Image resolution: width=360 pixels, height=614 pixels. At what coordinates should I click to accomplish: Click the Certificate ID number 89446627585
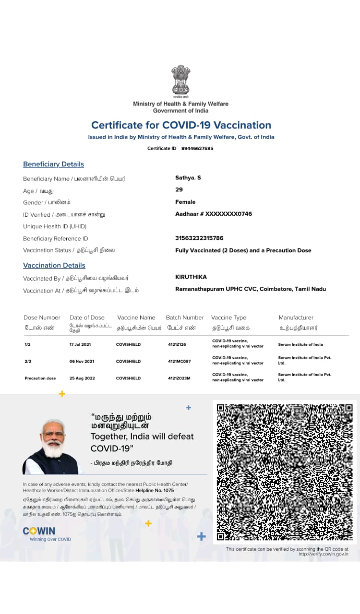coord(197,148)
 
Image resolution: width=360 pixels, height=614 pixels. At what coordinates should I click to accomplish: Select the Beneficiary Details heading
coord(53,164)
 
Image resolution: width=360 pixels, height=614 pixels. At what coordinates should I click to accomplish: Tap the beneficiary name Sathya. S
coord(188,177)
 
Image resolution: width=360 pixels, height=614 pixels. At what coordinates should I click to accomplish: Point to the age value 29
coord(179,189)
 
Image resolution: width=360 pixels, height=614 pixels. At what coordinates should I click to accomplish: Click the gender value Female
coord(185,202)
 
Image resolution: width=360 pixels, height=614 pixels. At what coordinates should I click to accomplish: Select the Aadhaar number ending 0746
coord(214,214)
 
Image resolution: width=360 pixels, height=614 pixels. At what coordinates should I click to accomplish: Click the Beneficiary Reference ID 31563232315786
coord(199,238)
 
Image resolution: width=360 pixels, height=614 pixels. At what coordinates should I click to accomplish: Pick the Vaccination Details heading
coord(54,265)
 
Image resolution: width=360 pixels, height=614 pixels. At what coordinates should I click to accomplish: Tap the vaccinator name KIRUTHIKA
coord(192,277)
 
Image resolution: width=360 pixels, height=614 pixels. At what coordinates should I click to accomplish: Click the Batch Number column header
coord(185,318)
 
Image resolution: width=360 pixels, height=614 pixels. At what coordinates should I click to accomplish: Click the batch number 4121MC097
coord(179,361)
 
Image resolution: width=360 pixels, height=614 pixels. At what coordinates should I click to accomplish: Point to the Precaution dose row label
coord(40,378)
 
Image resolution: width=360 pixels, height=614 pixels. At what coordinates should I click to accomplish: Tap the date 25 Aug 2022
coord(82,378)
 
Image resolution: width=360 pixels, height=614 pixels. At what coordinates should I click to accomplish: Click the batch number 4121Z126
coord(177,344)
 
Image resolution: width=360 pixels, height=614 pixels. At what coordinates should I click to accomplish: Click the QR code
coord(285,472)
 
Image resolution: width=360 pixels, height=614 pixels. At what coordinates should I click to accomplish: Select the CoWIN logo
coord(39,531)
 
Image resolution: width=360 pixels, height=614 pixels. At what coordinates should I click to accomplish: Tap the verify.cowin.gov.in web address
coord(323,554)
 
